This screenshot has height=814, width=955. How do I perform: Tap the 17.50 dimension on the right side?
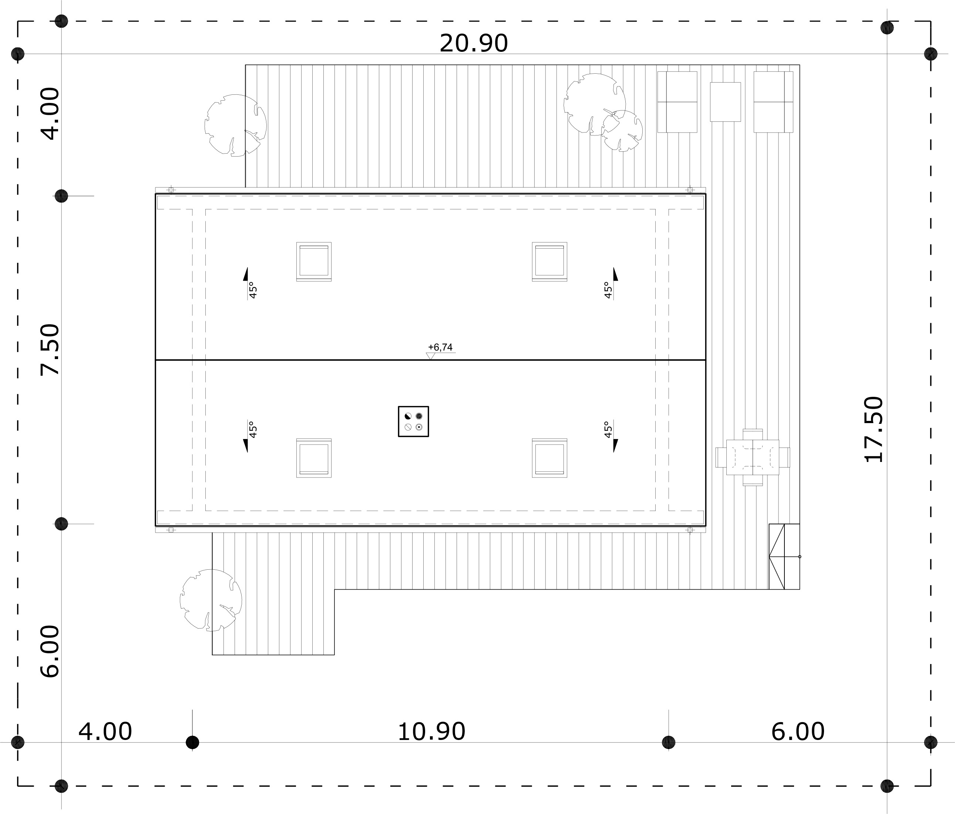pos(874,429)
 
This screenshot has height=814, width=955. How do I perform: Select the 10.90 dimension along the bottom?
pos(431,731)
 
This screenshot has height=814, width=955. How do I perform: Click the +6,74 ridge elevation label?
pos(440,347)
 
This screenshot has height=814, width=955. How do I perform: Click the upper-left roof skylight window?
pos(314,261)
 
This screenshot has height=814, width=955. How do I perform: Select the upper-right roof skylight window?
pos(549,261)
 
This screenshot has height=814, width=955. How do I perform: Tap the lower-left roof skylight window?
pos(314,458)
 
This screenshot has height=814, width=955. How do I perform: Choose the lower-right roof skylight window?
pos(549,458)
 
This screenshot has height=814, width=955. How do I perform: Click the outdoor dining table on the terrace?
pos(753,458)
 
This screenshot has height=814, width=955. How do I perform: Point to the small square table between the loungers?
pos(725,102)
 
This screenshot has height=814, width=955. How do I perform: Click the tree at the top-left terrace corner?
pos(236,125)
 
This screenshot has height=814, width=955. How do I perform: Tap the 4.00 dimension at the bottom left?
pos(105,731)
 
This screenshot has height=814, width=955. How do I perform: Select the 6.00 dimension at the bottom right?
pos(798,731)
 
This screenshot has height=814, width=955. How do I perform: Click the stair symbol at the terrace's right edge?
pos(784,557)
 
